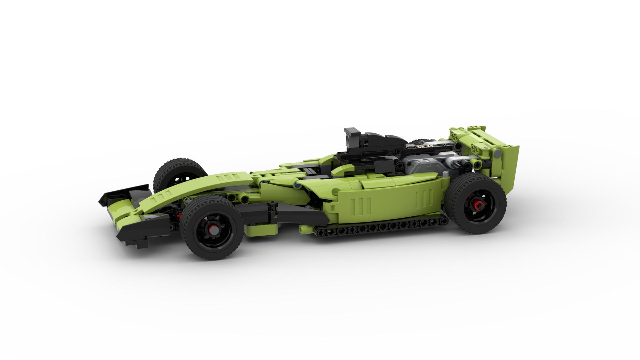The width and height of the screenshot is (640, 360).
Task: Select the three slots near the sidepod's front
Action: (365, 203)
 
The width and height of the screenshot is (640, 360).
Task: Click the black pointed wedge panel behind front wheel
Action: (300, 213)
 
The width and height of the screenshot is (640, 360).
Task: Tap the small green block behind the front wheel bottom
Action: (262, 229)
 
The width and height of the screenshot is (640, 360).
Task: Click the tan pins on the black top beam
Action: (423, 146)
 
